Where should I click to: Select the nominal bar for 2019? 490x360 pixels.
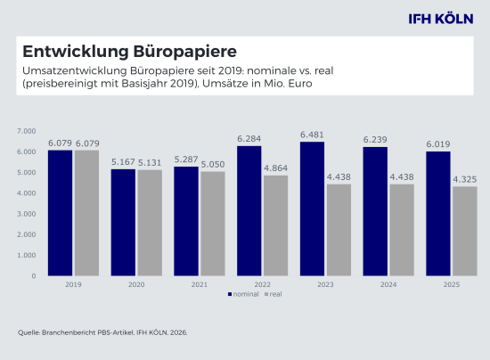coord(60,213)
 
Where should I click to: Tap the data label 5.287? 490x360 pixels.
coord(186,160)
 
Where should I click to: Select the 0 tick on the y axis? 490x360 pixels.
coord(32,276)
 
